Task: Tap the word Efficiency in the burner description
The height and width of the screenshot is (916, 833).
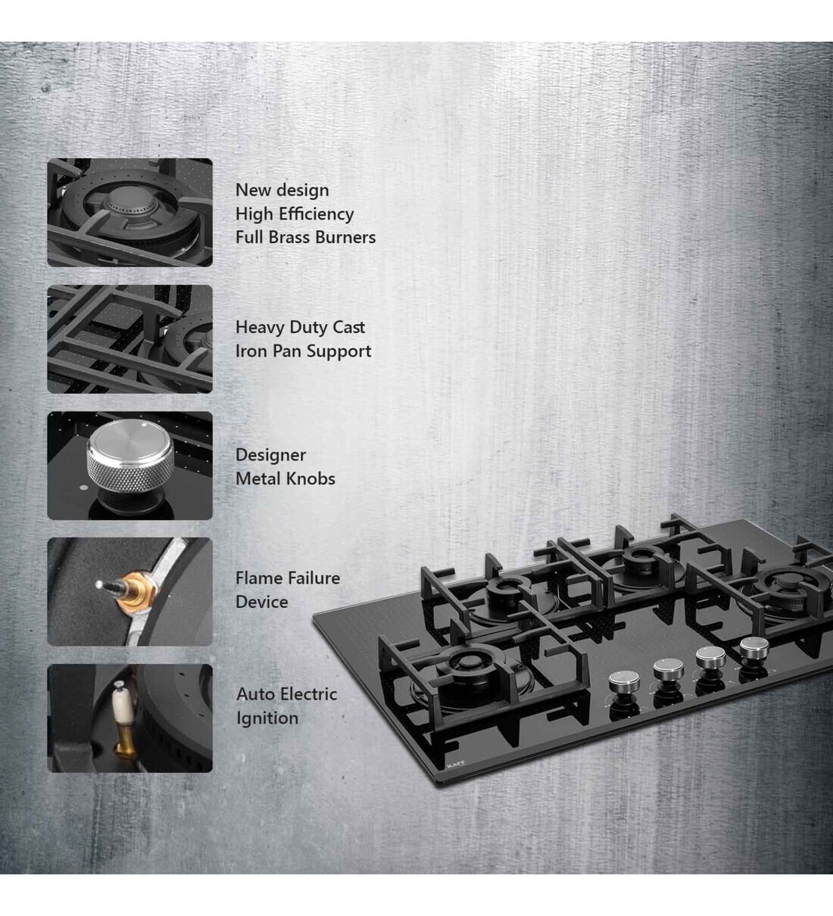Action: click(316, 213)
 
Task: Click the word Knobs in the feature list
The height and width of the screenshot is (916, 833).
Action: click(309, 478)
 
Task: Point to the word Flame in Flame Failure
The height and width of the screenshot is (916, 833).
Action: click(257, 578)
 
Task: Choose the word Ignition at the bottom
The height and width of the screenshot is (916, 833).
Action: click(267, 718)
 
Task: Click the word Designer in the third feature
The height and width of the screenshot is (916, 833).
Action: click(270, 455)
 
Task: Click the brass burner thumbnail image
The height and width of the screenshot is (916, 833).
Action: click(129, 213)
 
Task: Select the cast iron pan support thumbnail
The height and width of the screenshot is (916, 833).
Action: click(129, 339)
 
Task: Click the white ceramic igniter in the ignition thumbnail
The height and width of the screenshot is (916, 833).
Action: click(119, 698)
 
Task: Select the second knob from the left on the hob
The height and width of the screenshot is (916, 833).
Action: click(666, 669)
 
